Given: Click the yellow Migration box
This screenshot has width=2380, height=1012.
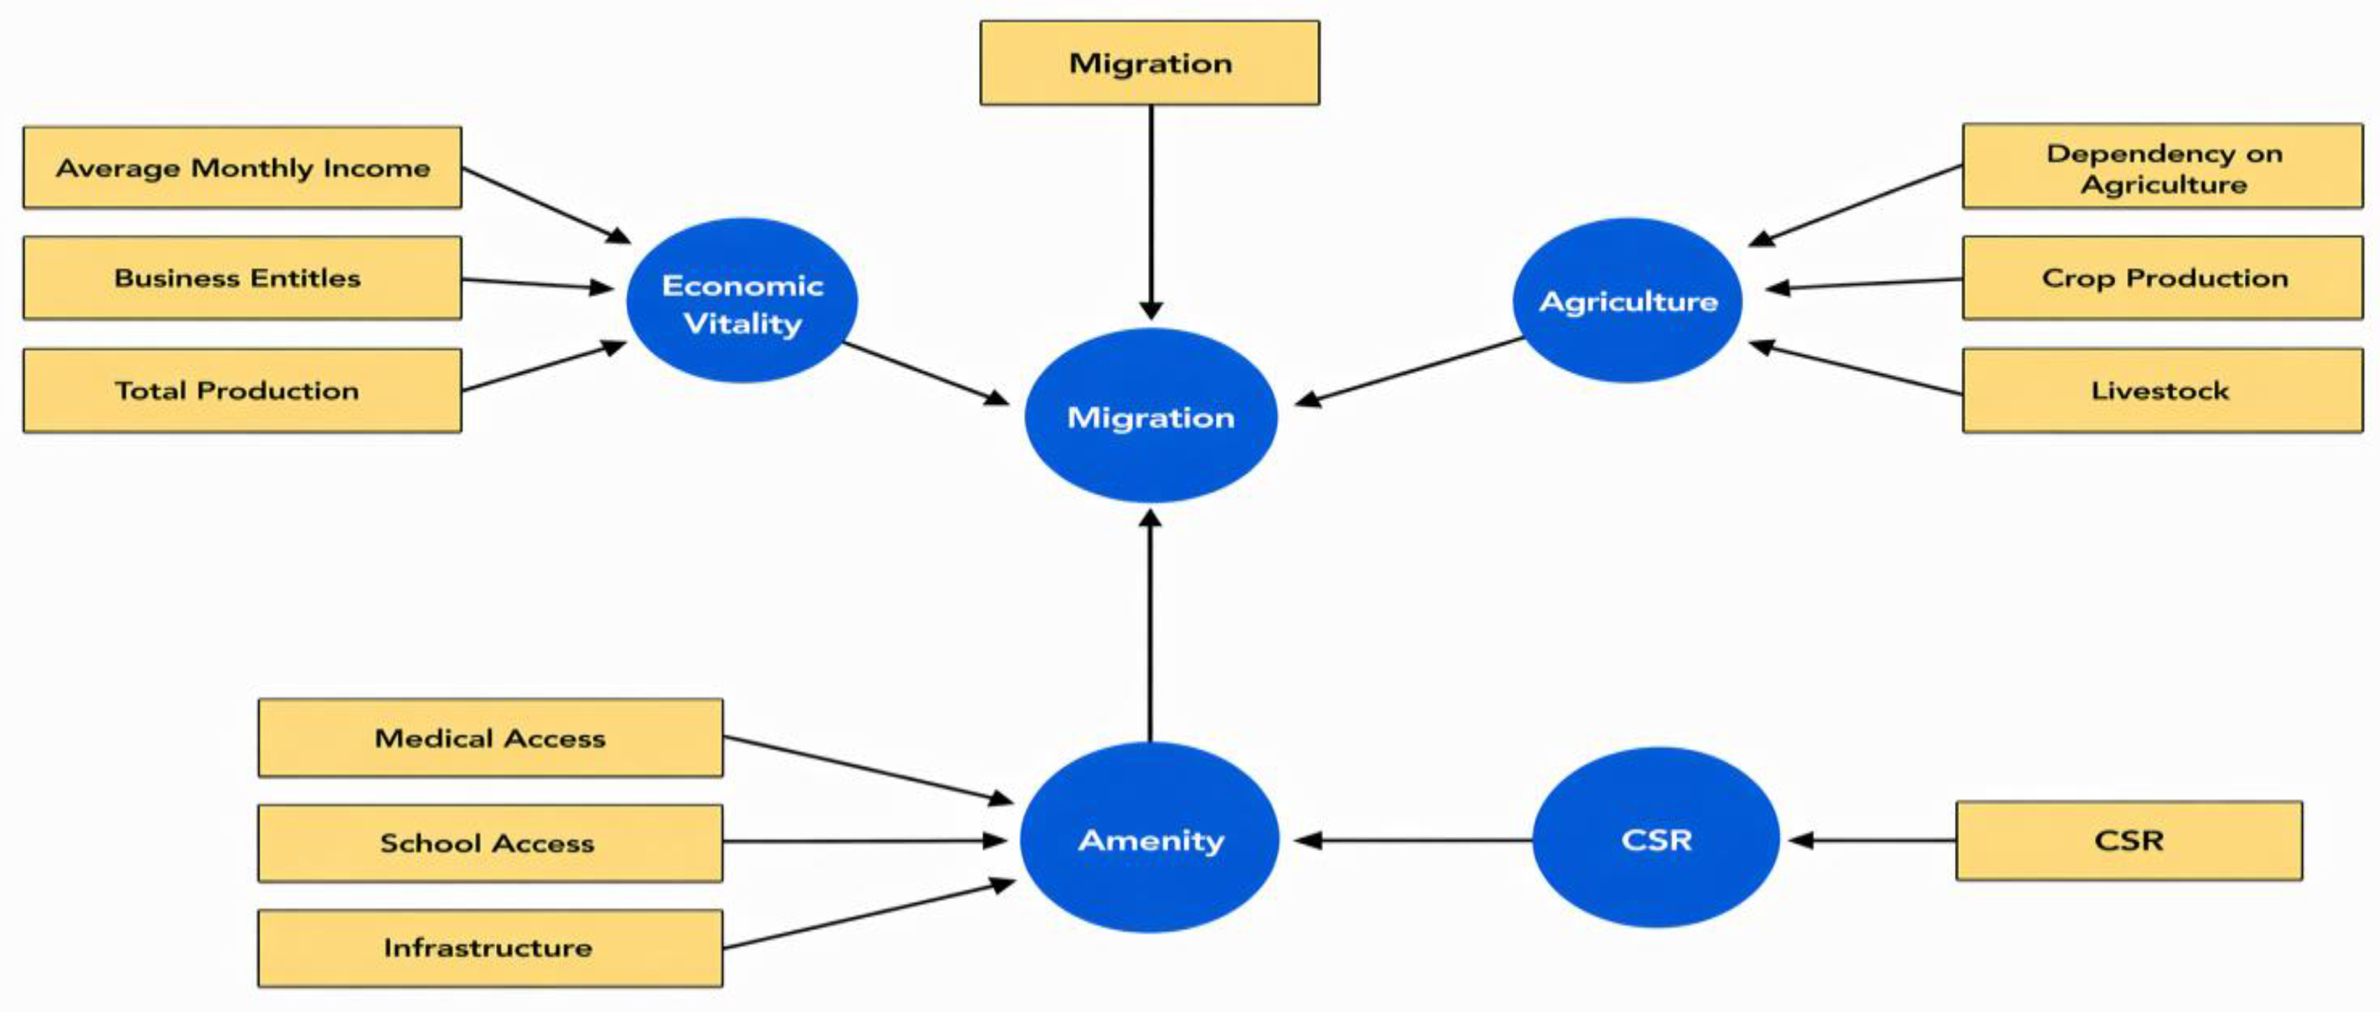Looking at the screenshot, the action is pyautogui.click(x=1150, y=63).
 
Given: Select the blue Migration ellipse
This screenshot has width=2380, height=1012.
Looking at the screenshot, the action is pyautogui.click(x=1150, y=416).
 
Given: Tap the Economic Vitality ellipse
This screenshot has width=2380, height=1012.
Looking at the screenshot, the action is pyautogui.click(x=742, y=300).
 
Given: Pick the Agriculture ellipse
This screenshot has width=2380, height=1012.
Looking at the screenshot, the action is pyautogui.click(x=1628, y=300).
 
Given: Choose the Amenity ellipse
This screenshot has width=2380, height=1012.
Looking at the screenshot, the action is pyautogui.click(x=1150, y=837).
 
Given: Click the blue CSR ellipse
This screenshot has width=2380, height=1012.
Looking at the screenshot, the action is pyautogui.click(x=1655, y=837).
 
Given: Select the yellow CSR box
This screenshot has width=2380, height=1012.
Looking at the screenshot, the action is pyautogui.click(x=2128, y=840).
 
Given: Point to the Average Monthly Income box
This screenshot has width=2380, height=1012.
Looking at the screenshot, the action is pyautogui.click(x=242, y=167).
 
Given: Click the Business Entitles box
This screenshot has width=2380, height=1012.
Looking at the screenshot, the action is pyautogui.click(x=242, y=278).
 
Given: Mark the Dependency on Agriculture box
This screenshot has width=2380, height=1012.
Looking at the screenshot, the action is pyautogui.click(x=2163, y=166).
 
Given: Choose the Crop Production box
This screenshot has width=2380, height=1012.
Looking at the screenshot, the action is pyautogui.click(x=2163, y=278).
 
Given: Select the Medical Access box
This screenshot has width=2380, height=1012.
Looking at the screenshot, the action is pyautogui.click(x=490, y=738).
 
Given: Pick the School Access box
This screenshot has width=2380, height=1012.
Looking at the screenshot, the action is pyautogui.click(x=490, y=843).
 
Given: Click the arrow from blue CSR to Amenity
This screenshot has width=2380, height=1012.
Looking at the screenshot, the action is pyautogui.click(x=1414, y=840).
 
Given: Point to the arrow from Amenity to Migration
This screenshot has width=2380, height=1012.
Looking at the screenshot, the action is pyautogui.click(x=1150, y=625).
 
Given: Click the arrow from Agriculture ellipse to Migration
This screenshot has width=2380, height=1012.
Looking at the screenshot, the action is pyautogui.click(x=1409, y=371).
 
